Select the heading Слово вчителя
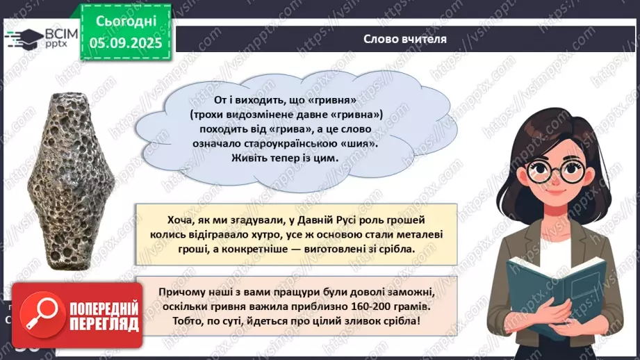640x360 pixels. click(x=405, y=38)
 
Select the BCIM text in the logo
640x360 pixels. click(x=56, y=33)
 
